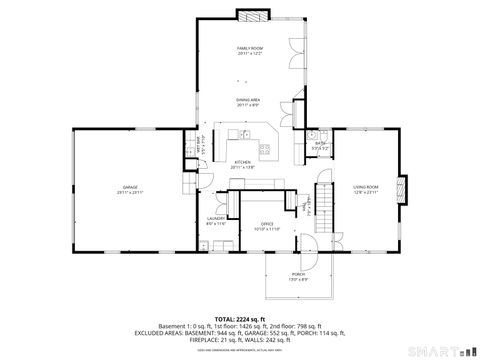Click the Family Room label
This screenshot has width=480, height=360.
tap(249, 50)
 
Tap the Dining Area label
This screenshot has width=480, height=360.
tap(249, 102)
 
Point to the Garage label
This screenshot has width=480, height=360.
tap(130, 188)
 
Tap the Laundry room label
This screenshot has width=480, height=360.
tap(216, 220)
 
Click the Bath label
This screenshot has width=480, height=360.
tap(321, 145)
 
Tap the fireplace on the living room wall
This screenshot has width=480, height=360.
tap(402, 188)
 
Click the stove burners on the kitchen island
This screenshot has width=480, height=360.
tap(266, 150)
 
